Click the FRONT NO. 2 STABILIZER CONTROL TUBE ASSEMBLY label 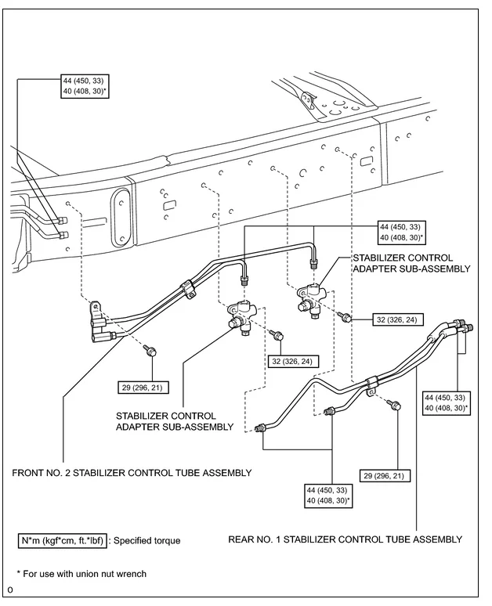(132, 473)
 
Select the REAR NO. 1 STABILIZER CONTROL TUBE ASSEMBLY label (345, 539)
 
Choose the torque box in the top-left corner (85, 86)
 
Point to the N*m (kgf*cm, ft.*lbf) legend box (62, 540)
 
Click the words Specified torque (147, 540)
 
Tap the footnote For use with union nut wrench (81, 574)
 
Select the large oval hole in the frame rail (121, 218)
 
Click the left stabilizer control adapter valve (240, 318)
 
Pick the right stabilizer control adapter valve (312, 300)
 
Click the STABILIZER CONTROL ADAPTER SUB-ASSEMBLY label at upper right (411, 263)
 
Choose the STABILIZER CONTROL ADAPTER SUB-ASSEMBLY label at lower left (175, 421)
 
